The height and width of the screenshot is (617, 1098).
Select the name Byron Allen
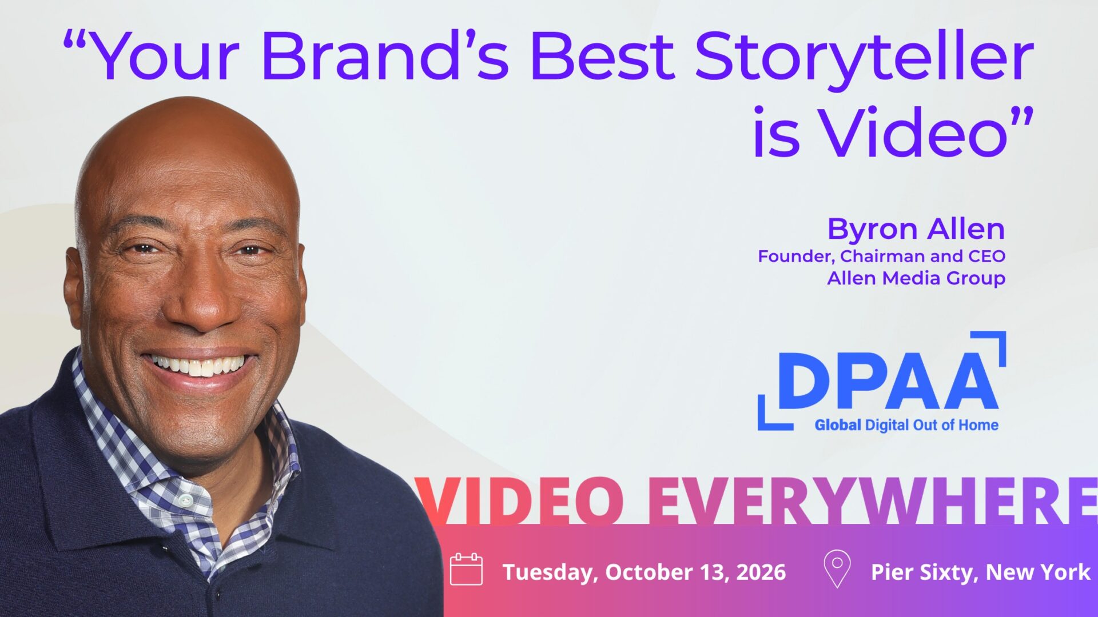point(916,229)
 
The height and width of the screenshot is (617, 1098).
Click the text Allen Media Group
point(916,278)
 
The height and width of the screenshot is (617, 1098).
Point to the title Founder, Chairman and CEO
point(881,256)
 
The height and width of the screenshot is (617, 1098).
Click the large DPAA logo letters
point(889,381)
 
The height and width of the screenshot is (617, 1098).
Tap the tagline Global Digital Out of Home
point(906,425)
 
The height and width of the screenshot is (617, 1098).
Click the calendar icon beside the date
point(466,569)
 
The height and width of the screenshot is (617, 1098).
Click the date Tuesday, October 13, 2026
point(644,572)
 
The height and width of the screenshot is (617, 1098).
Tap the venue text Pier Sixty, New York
point(980,572)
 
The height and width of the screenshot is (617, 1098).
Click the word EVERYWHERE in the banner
point(872,500)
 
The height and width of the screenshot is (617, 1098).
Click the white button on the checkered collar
point(184,501)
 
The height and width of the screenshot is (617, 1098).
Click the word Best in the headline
point(603,57)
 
